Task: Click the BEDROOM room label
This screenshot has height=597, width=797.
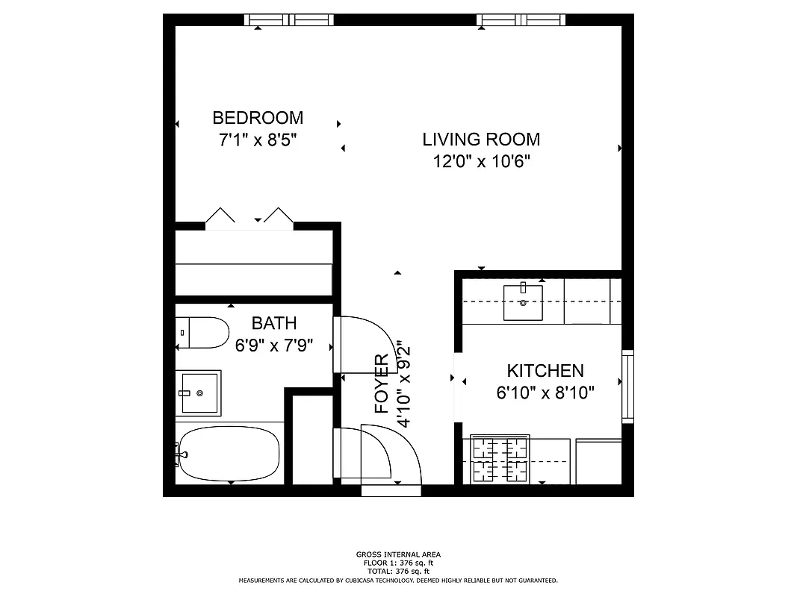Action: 258,118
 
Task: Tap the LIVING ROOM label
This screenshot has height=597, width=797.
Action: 481,140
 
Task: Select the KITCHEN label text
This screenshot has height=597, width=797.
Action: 545,371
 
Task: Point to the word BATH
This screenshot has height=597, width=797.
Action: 273,323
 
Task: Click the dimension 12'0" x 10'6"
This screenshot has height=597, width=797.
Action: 481,162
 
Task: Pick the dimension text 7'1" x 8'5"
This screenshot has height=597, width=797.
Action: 258,140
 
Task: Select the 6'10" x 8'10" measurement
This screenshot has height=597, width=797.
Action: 545,393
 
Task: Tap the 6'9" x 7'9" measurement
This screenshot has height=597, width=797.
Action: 274,346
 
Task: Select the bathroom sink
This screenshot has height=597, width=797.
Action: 199,393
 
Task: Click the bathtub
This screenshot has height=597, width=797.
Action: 229,454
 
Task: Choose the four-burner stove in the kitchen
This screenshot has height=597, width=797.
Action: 499,460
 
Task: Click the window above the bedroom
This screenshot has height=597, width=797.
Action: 289,19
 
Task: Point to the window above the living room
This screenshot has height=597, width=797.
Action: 521,19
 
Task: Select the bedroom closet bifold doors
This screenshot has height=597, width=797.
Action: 249,218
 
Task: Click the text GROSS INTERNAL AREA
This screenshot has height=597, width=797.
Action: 398,554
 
